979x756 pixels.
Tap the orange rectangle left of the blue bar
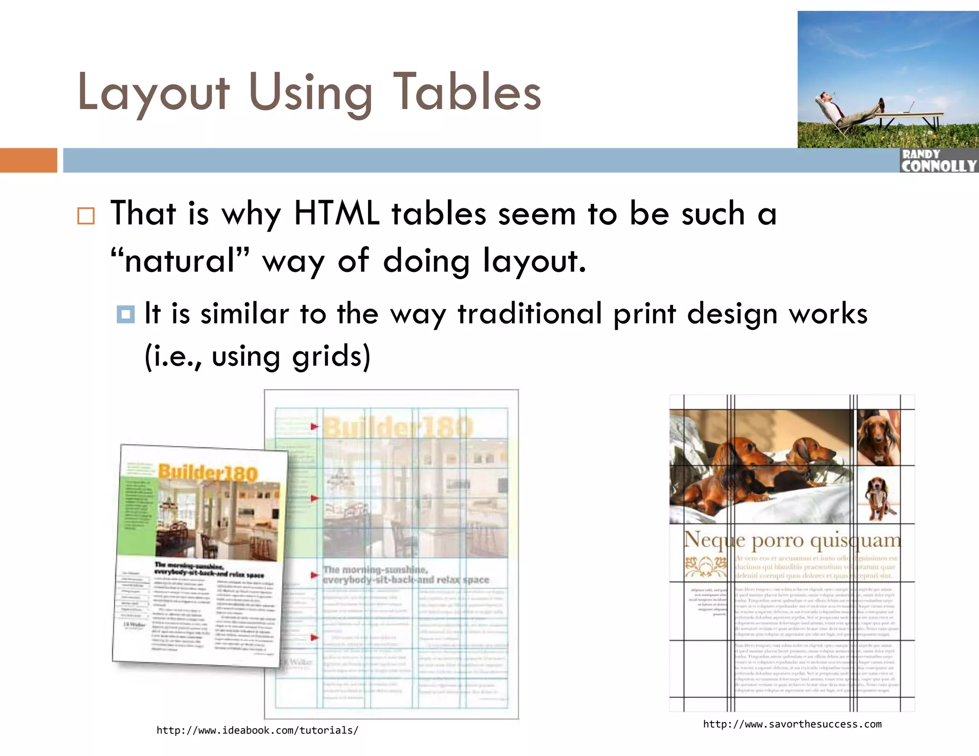coord(28,160)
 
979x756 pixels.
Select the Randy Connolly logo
coord(939,161)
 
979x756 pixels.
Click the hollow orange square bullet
coord(86,216)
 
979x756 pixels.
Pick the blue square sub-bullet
coord(126,314)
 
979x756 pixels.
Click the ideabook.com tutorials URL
coord(257,730)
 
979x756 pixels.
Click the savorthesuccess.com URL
coord(792,724)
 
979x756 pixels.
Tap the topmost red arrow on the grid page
coord(314,426)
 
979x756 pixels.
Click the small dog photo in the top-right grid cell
coord(878,437)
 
